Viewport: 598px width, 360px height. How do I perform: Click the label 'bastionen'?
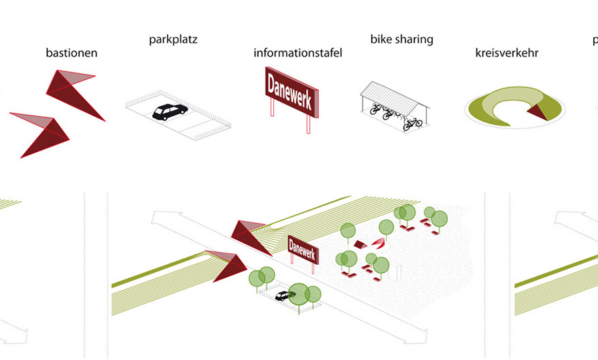pos(71,52)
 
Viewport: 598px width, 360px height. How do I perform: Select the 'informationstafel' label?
pos(298,52)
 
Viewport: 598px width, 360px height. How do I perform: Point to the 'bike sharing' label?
pos(402,39)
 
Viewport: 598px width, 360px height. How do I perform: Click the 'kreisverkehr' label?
pos(507,52)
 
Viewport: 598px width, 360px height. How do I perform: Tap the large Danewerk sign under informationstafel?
pos(291,91)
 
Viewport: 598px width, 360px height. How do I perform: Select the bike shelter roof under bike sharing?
pos(393,94)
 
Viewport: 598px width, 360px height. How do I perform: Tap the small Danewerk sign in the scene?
pos(302,247)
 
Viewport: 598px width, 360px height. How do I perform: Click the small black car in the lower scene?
pos(283,296)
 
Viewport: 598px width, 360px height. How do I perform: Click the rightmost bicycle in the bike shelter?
pos(412,123)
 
